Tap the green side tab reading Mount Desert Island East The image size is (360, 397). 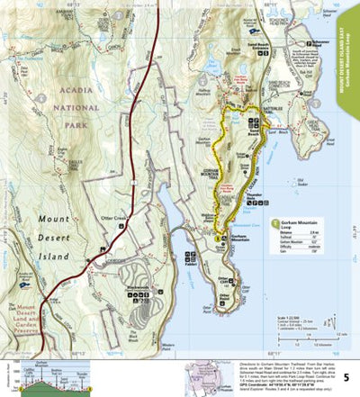pos(350,54)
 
